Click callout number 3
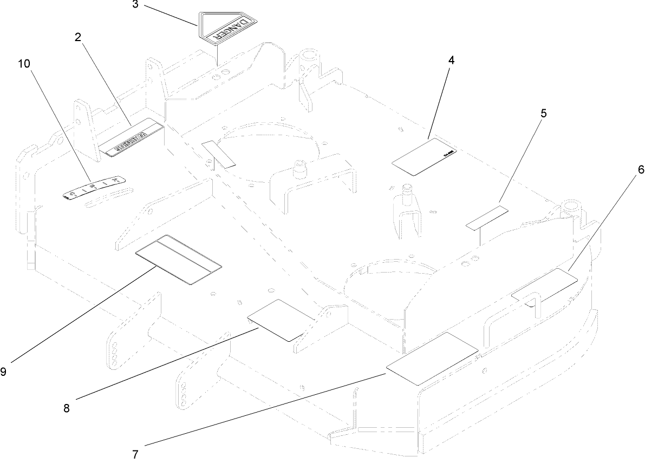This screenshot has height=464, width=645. (x=135, y=5)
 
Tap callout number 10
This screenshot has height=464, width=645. (x=24, y=63)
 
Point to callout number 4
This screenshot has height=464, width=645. (x=451, y=60)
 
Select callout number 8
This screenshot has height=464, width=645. (x=66, y=408)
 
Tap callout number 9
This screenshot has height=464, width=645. (x=4, y=372)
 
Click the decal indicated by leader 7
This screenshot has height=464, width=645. (x=431, y=359)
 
